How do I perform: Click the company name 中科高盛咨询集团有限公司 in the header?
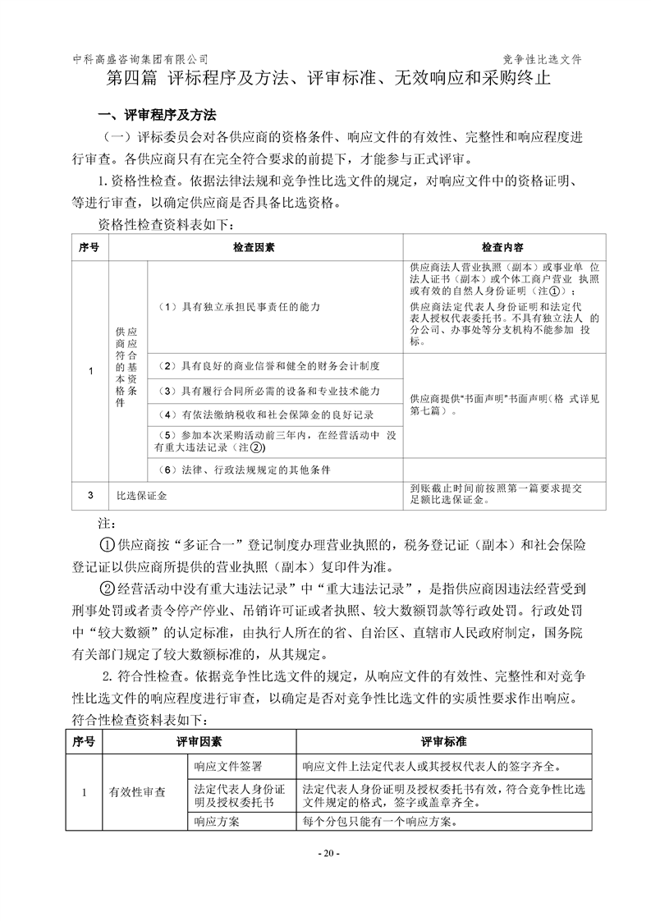pos(140,60)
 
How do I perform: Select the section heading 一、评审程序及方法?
pos(158,114)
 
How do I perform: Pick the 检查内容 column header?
pos(504,247)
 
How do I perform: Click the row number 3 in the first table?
pos(89,495)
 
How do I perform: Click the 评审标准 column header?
pos(444,742)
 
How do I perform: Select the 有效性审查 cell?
pos(137,793)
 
